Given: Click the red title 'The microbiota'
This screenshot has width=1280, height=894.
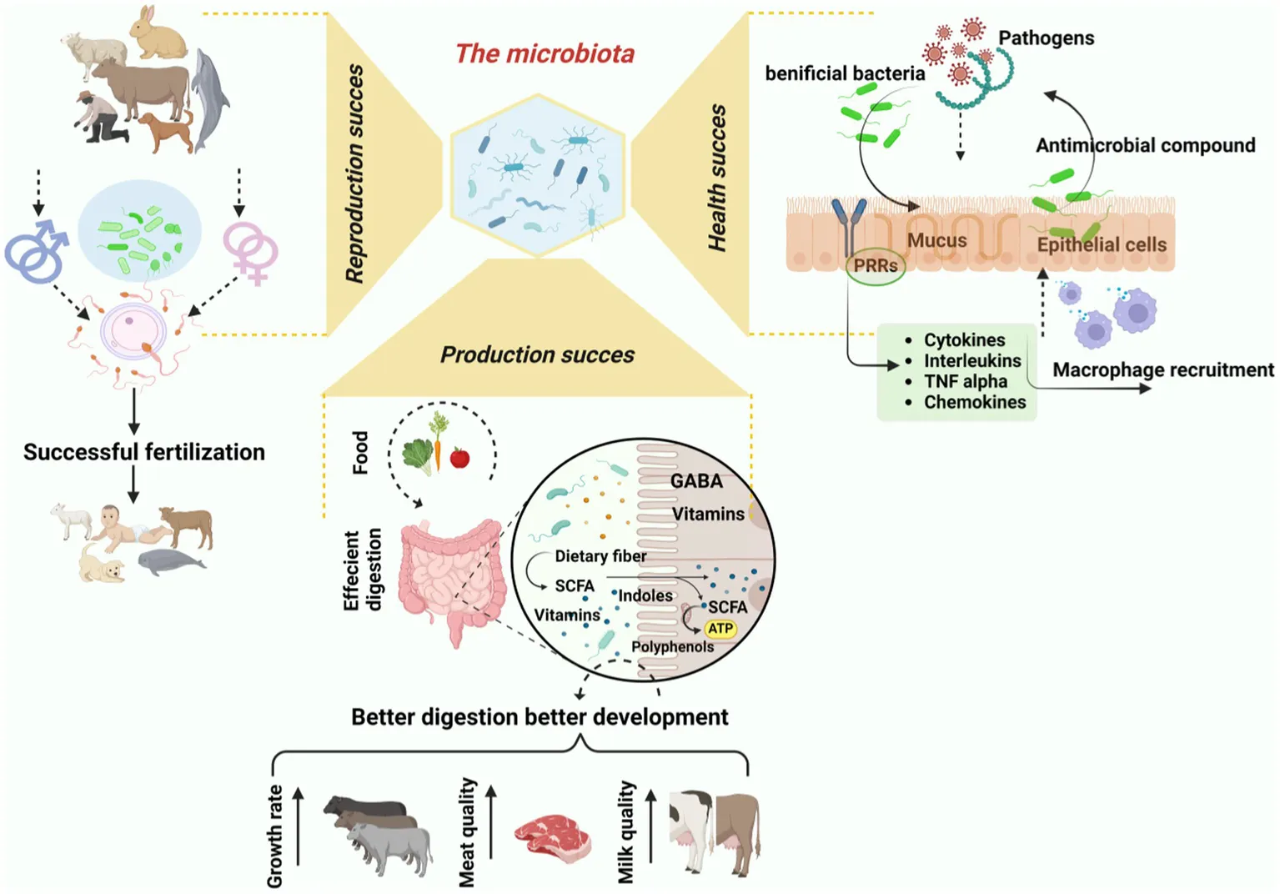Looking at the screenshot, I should pyautogui.click(x=545, y=54).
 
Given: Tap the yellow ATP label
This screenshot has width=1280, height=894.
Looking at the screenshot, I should pyautogui.click(x=720, y=629).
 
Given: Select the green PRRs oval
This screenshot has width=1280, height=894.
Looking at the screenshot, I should pyautogui.click(x=876, y=266).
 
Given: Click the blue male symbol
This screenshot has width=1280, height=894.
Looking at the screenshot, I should pyautogui.click(x=36, y=251).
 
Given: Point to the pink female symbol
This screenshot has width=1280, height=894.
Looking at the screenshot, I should pyautogui.click(x=251, y=252).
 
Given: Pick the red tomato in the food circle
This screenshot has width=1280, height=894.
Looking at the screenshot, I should pyautogui.click(x=459, y=457).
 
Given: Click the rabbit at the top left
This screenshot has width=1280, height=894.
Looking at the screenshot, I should pyautogui.click(x=159, y=34).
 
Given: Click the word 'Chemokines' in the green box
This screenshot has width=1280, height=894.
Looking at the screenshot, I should pyautogui.click(x=975, y=402).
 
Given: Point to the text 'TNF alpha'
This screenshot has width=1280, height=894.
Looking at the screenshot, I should pyautogui.click(x=965, y=381).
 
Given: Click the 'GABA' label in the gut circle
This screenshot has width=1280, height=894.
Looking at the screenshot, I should pyautogui.click(x=696, y=481).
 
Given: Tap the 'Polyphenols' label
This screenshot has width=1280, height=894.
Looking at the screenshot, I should pyautogui.click(x=672, y=646).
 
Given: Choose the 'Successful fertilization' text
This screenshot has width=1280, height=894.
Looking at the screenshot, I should pyautogui.click(x=144, y=452).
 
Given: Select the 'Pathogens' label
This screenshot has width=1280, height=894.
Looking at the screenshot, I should pyautogui.click(x=1046, y=38).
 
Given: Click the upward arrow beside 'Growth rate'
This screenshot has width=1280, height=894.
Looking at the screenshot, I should pyautogui.click(x=299, y=826).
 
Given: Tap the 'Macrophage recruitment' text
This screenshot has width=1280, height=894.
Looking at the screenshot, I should pyautogui.click(x=1162, y=369).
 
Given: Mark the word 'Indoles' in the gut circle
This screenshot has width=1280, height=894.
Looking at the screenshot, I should pyautogui.click(x=645, y=595).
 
